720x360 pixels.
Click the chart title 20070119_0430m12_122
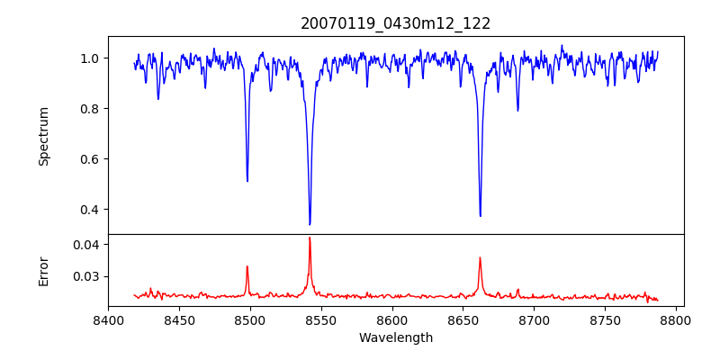coord(396,23)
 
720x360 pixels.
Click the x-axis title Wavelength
coord(396,338)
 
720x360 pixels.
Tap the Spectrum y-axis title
coord(43,136)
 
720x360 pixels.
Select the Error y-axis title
coord(43,270)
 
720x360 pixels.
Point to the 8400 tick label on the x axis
coord(108,320)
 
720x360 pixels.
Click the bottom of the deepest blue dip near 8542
coord(310,224)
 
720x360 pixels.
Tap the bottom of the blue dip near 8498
coord(247,181)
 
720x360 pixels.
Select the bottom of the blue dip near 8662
coord(480,216)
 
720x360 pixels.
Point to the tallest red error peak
coord(310,238)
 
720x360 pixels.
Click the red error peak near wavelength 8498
coord(247,266)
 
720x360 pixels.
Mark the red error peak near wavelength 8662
coord(480,258)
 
